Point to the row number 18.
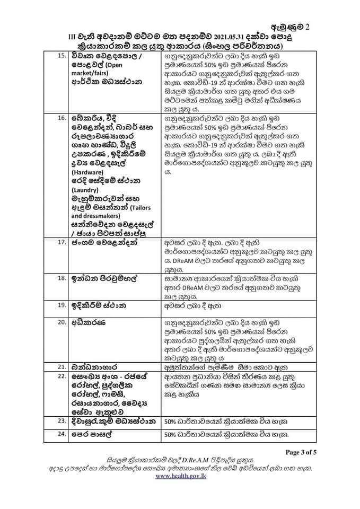tap(62, 277)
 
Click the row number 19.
tap(62, 305)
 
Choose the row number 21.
tap(62, 366)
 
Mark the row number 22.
tap(62, 375)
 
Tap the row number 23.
tap(62, 422)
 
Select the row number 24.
tap(62, 435)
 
